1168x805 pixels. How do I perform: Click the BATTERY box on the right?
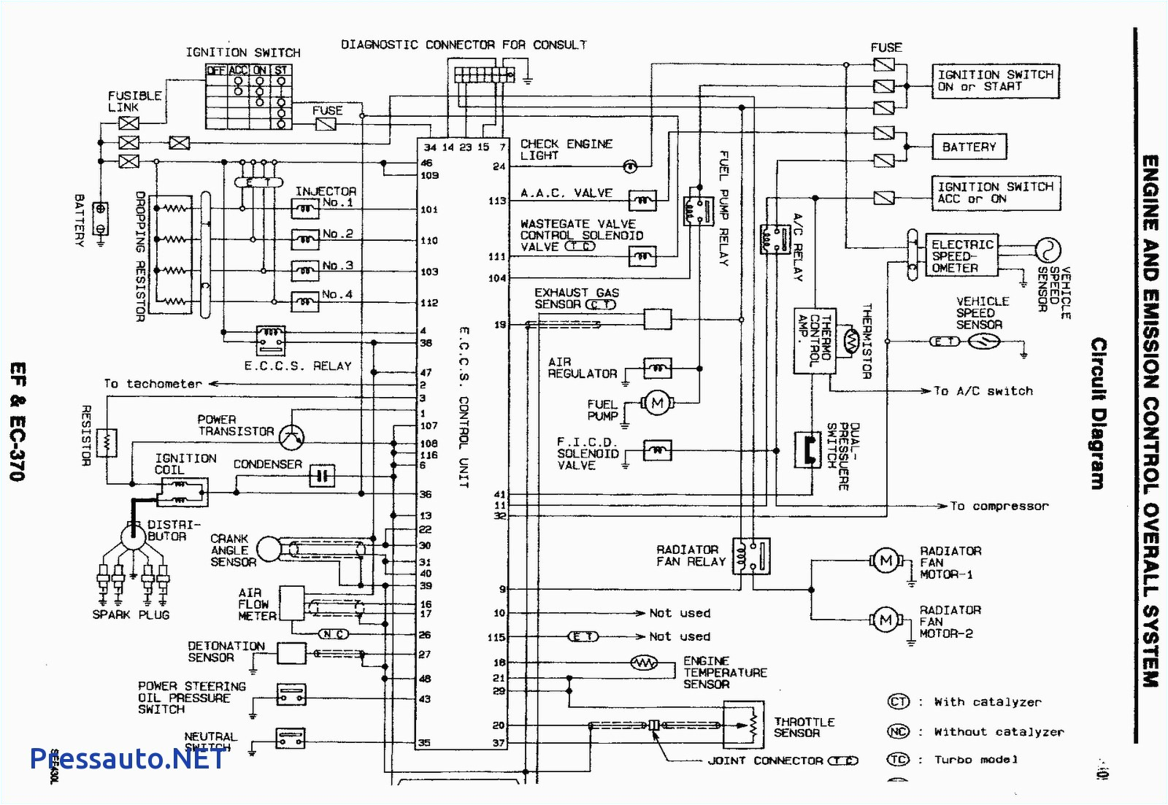(969, 147)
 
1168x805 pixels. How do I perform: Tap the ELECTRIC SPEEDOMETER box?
(961, 256)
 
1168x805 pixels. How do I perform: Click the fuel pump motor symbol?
(657, 403)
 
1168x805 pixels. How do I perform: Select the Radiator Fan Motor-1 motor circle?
(885, 561)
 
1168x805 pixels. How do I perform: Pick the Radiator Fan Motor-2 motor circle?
(885, 620)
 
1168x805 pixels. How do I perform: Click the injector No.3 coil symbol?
(305, 271)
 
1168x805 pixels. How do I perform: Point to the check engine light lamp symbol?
(630, 166)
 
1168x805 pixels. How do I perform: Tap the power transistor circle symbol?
(292, 436)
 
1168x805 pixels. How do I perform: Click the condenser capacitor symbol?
(322, 477)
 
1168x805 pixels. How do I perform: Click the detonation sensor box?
(291, 654)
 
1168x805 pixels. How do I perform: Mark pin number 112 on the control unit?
(429, 303)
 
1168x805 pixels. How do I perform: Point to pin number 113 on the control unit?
(497, 201)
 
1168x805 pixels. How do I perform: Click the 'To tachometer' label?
(153, 384)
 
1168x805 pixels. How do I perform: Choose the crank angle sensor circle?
(269, 550)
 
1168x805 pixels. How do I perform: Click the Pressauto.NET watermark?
(128, 759)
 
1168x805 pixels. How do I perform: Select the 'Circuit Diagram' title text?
(1098, 413)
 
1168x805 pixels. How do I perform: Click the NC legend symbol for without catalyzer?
(898, 731)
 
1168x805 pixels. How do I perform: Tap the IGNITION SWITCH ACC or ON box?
(995, 193)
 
